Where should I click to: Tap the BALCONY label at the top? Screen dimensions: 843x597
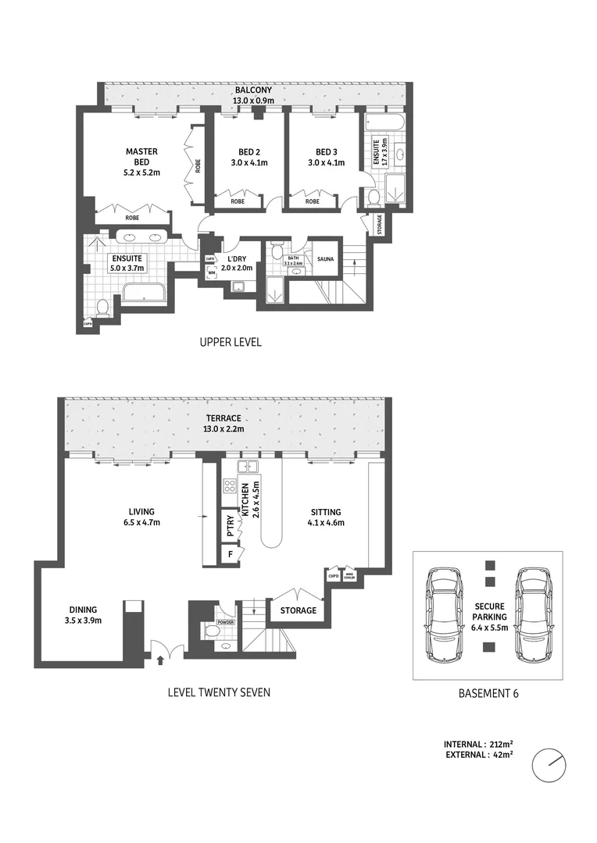coord(252,90)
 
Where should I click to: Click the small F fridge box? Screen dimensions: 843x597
coord(230,554)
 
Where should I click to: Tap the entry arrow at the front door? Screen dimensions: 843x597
coord(160,660)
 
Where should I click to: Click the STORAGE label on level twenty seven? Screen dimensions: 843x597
coord(298,610)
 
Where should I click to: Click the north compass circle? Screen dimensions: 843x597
coord(549,766)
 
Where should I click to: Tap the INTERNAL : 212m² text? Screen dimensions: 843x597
coord(476,745)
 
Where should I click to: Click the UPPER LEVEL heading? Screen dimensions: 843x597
coord(231,342)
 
